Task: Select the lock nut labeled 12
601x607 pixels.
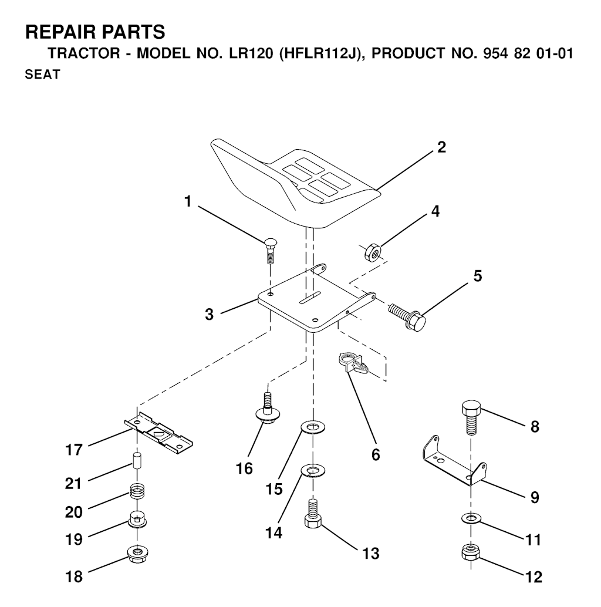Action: point(471,552)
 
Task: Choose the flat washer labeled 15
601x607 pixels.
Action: point(313,427)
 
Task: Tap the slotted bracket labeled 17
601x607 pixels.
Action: point(158,433)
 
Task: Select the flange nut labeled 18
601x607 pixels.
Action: point(138,554)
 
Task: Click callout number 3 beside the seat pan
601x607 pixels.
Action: point(210,315)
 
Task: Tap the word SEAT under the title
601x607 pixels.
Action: point(43,75)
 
